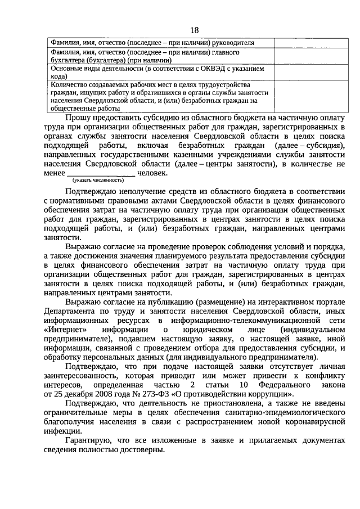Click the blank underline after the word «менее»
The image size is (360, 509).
click(x=101, y=174)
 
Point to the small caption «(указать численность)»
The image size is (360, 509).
click(x=97, y=180)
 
